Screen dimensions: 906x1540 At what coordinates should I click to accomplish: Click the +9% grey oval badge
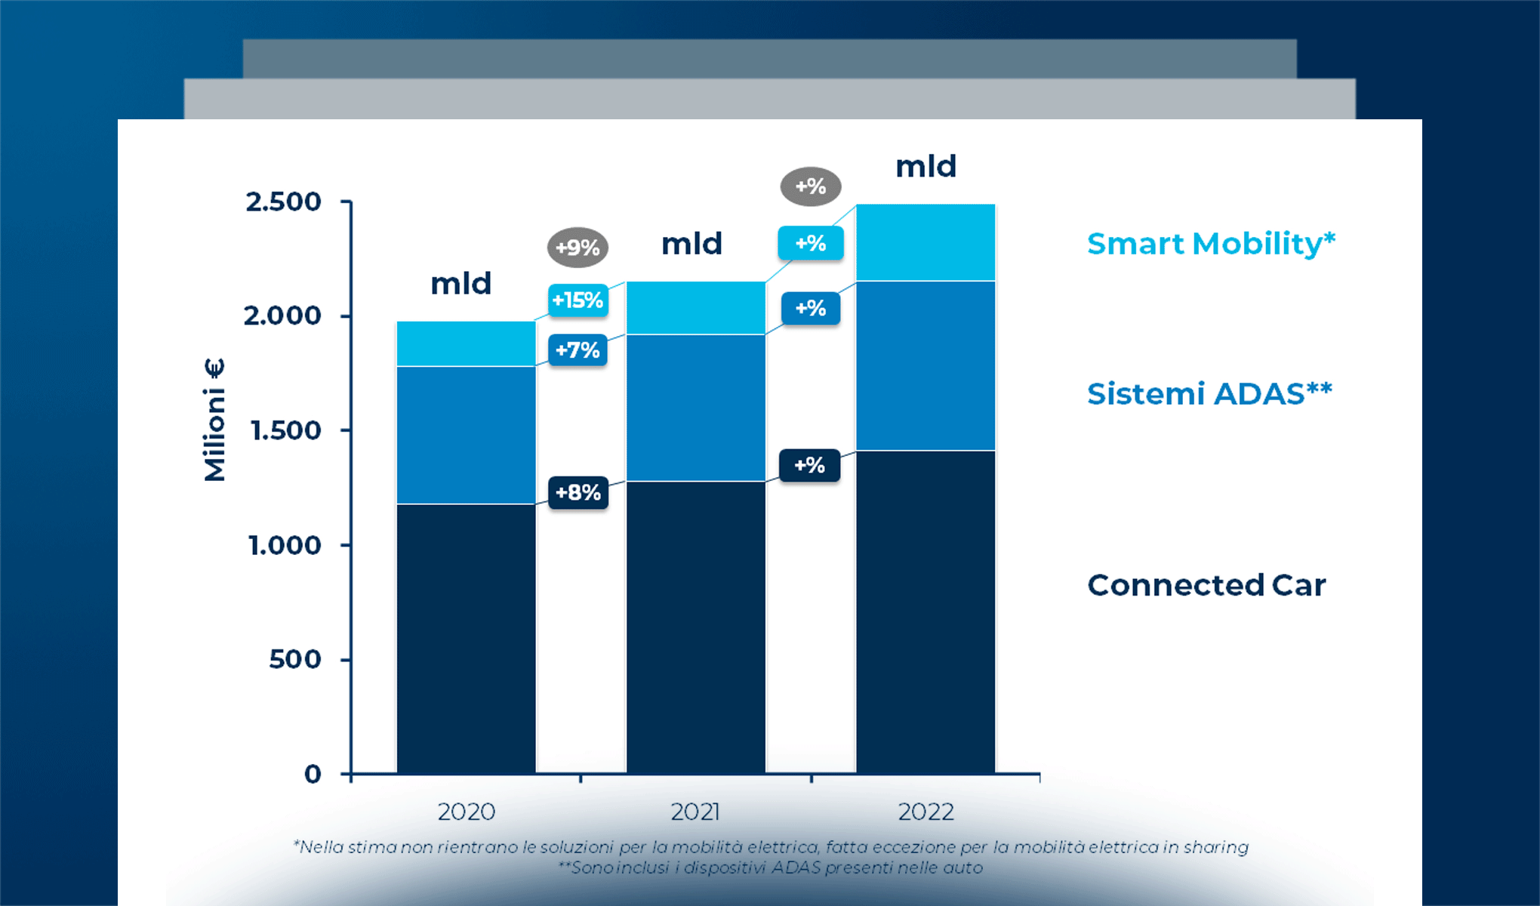(x=577, y=247)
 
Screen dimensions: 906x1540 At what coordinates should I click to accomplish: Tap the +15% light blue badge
(x=577, y=300)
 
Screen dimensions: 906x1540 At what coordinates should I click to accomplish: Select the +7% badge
(x=577, y=350)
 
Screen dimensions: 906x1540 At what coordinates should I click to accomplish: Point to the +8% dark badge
(x=578, y=493)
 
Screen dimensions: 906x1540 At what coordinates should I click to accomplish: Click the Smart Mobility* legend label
(x=1211, y=244)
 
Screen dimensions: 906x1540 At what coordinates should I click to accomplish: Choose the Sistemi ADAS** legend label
(x=1209, y=394)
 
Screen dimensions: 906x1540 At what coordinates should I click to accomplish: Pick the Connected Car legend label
(x=1206, y=585)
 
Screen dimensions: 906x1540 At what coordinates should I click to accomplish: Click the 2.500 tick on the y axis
(x=283, y=202)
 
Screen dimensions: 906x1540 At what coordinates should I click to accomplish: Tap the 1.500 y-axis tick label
(x=285, y=430)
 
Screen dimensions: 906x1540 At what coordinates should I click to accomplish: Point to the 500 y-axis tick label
(x=295, y=660)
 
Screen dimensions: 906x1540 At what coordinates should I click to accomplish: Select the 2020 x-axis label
(x=467, y=812)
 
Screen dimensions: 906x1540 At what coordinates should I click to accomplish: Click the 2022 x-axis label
(x=926, y=812)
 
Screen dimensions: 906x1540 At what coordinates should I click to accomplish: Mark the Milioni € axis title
(x=214, y=420)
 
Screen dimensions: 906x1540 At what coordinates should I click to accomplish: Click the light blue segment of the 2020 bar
(x=466, y=344)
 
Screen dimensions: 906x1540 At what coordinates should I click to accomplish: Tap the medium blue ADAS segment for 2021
(x=695, y=408)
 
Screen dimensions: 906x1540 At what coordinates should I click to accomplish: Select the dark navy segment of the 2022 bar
(x=926, y=612)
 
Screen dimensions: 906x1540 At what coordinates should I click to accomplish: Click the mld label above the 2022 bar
(x=926, y=166)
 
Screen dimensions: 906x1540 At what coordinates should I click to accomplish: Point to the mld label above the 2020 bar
(x=460, y=284)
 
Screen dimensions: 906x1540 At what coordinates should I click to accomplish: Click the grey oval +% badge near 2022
(x=811, y=186)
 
